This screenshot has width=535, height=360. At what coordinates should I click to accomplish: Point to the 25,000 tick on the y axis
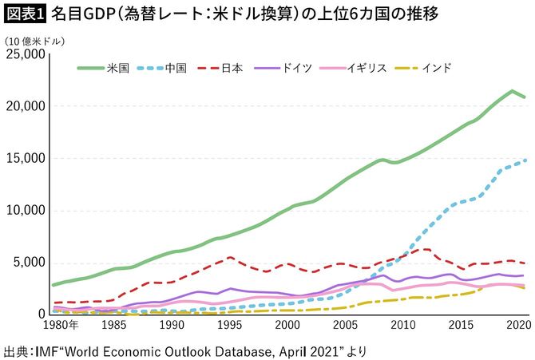click(x=26, y=54)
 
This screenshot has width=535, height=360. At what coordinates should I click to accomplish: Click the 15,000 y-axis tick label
click(x=26, y=158)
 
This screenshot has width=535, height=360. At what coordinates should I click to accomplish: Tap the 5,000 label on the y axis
click(x=30, y=263)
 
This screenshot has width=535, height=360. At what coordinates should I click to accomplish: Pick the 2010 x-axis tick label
click(x=403, y=327)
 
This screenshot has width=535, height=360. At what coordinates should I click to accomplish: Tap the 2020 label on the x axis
click(x=517, y=327)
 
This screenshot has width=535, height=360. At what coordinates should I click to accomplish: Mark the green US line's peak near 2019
click(x=512, y=91)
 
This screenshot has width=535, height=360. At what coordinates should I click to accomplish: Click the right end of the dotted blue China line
click(x=524, y=160)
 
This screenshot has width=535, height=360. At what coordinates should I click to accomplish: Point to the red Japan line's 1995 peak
click(x=230, y=257)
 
